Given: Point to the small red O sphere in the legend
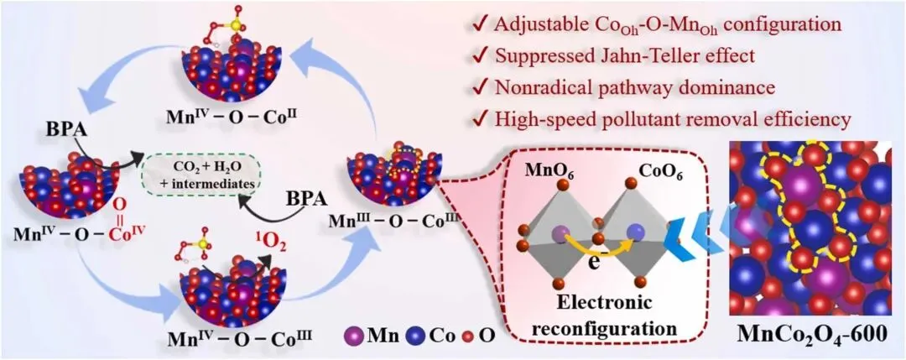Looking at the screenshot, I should pos(462,337).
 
